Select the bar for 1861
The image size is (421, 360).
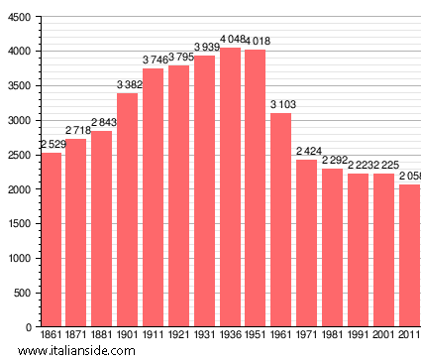pos(51,239)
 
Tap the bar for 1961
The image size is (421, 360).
pos(281,219)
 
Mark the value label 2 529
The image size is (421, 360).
pos(53,144)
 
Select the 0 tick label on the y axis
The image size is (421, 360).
pos(30,327)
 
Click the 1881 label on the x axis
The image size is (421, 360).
pos(102,336)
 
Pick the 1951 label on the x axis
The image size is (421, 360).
pos(256,336)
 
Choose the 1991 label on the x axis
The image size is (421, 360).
pos(358,336)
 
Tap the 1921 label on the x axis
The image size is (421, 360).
pos(179,336)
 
